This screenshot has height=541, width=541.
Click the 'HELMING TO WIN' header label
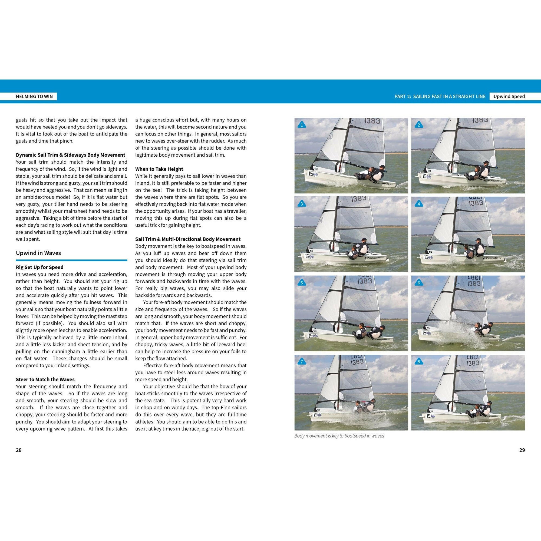(x=34, y=96)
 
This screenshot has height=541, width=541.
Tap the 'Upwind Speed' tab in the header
(x=509, y=96)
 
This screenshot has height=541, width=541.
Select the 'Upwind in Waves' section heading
(x=38, y=253)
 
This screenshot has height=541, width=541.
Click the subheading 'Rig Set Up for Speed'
(x=39, y=267)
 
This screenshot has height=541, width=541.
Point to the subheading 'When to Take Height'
(x=159, y=169)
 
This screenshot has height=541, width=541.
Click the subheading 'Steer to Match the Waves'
(x=45, y=380)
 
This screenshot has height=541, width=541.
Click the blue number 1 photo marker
(x=302, y=125)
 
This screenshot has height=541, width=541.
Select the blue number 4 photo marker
(x=419, y=204)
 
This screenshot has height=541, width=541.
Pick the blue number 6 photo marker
(x=419, y=283)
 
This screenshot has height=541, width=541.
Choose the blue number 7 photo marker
(x=302, y=362)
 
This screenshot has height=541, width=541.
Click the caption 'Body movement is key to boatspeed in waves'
(x=339, y=436)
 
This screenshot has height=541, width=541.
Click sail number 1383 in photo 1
(x=372, y=121)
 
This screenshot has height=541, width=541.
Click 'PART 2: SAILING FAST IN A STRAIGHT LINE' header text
(x=440, y=96)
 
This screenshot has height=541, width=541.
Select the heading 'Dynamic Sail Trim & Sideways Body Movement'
(x=71, y=155)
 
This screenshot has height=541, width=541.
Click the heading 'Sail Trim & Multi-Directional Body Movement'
(x=188, y=239)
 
